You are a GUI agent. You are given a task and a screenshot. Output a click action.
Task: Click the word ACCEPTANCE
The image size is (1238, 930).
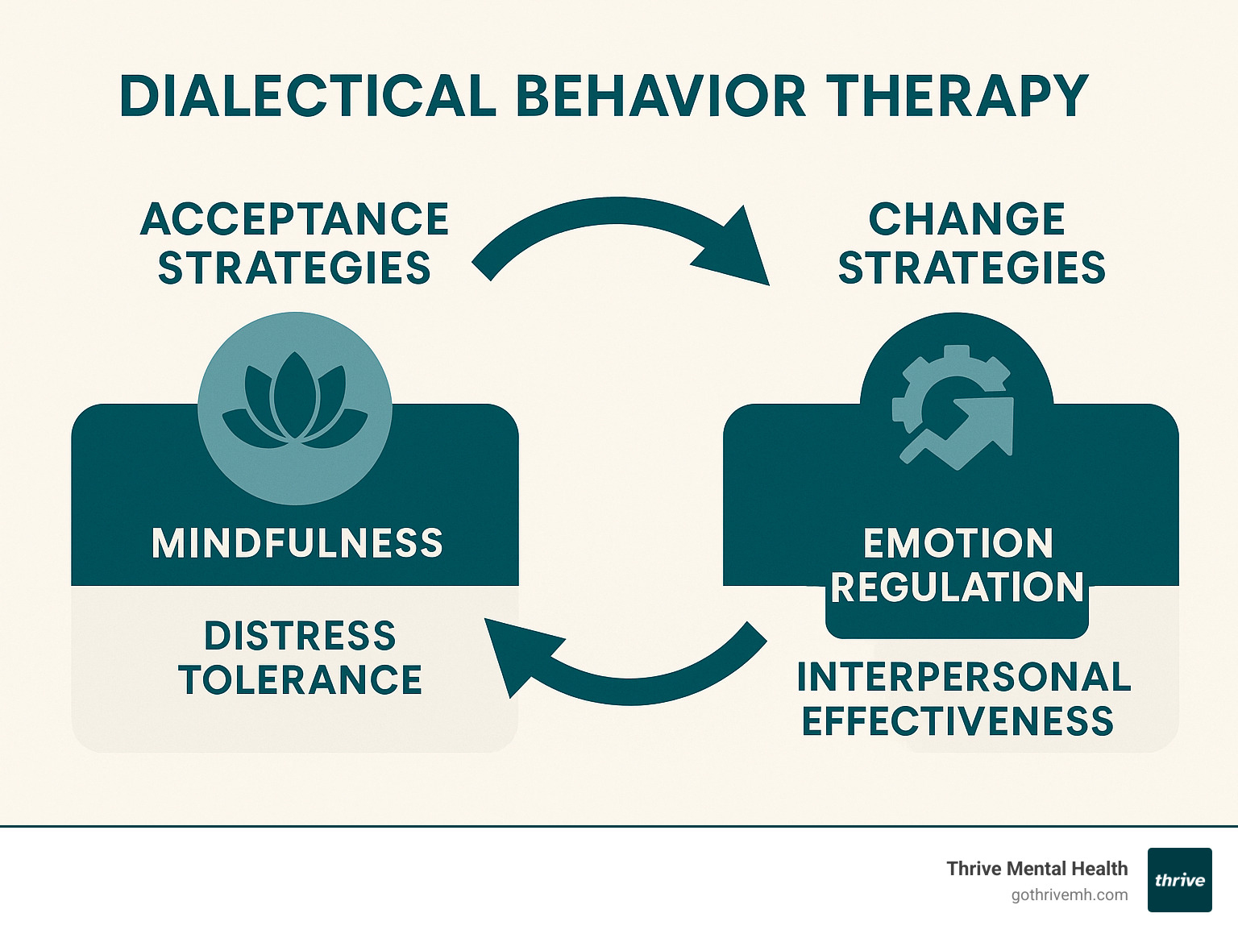(295, 219)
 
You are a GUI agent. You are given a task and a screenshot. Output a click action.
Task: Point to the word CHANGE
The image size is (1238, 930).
(967, 219)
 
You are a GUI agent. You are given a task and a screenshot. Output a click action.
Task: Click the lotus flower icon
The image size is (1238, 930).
(295, 403)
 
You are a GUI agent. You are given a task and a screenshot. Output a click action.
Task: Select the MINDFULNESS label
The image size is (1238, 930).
(297, 543)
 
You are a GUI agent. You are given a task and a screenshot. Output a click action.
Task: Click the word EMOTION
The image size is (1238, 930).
(958, 543)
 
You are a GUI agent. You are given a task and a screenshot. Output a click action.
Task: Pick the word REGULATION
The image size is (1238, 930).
(958, 587)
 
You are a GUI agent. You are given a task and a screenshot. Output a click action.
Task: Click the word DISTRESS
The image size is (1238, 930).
(300, 636)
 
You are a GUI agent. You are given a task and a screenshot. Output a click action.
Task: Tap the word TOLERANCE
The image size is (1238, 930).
(301, 680)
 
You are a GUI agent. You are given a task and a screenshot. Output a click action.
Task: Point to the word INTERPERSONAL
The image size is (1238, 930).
(964, 677)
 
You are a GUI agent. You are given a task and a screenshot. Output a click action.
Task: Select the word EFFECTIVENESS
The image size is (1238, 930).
(958, 721)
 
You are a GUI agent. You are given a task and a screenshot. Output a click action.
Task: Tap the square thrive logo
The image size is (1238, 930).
(1180, 880)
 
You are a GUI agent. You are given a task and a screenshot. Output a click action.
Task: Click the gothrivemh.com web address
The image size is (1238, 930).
(1070, 895)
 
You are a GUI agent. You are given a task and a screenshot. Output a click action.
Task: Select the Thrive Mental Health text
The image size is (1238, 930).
(1037, 869)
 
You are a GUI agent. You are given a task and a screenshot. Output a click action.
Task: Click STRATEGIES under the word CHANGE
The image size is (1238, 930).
(972, 268)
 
